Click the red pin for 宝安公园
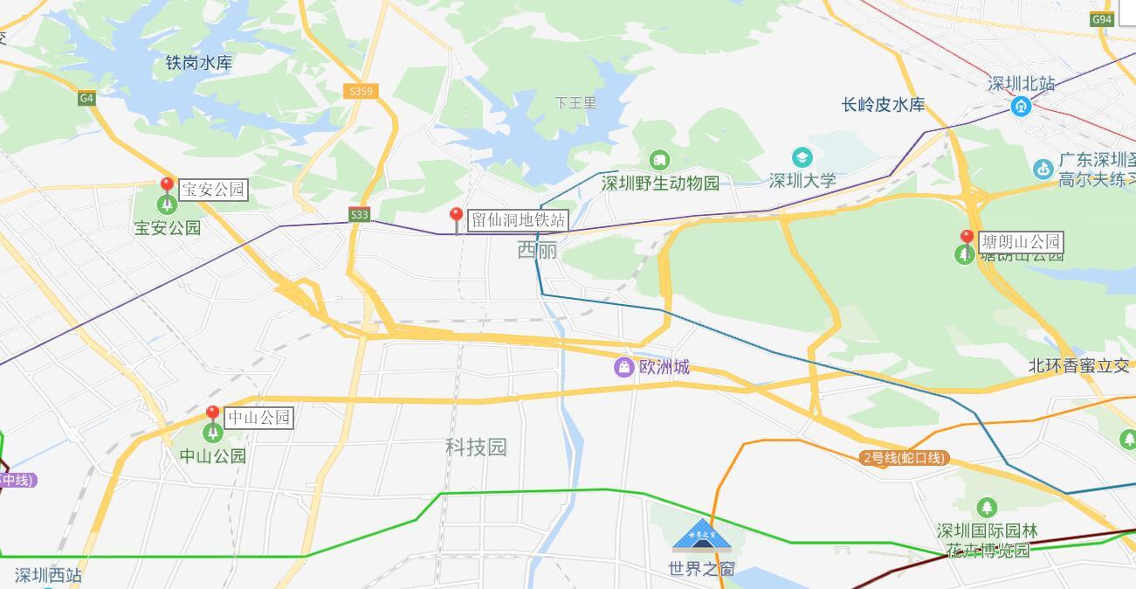[167, 185]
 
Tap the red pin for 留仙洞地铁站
[456, 216]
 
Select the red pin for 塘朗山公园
[967, 238]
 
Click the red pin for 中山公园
[212, 413]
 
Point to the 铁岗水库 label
[199, 62]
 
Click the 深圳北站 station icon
[1022, 107]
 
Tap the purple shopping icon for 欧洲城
[623, 367]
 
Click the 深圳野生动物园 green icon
[659, 160]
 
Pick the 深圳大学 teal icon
[802, 158]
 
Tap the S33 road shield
[359, 214]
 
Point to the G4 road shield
[86, 98]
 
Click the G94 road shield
[1102, 19]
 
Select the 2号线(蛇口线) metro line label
[904, 458]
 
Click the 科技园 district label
[476, 447]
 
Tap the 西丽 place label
[537, 251]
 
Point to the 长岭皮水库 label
[883, 105]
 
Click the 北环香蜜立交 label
[1078, 366]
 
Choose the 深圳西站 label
[48, 575]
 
